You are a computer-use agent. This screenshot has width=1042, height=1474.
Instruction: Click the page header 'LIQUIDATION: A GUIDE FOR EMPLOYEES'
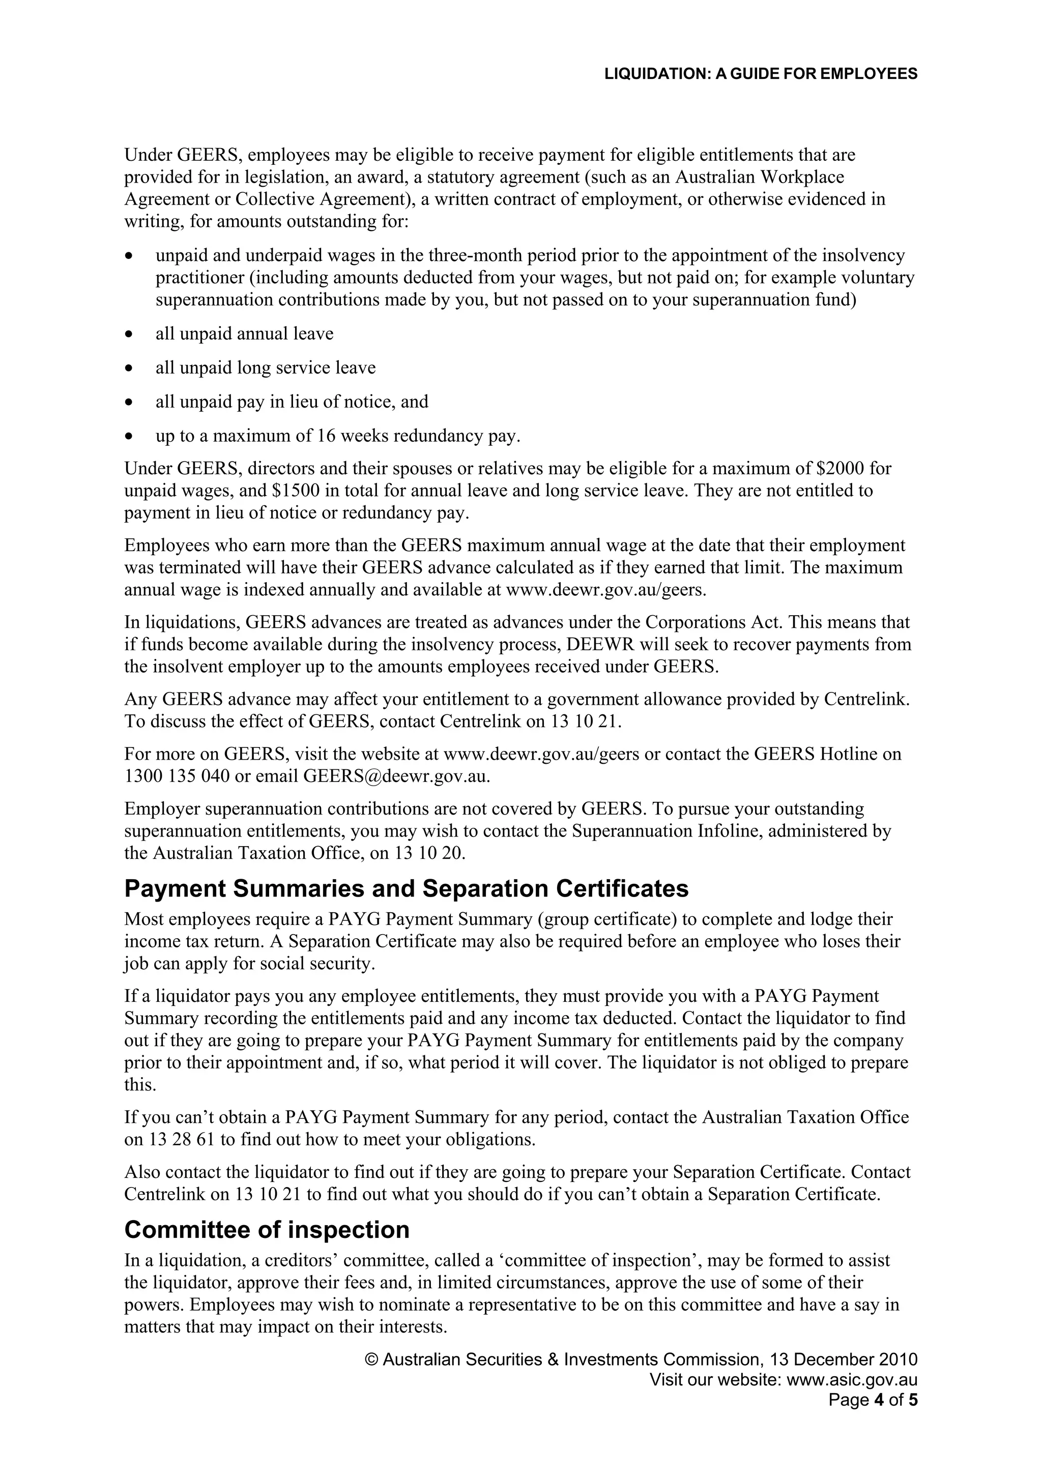pyautogui.click(x=760, y=74)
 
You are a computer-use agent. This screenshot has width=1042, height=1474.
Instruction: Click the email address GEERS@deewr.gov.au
pyautogui.click(x=396, y=775)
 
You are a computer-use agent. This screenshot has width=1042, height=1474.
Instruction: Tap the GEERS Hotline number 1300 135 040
pyautogui.click(x=177, y=775)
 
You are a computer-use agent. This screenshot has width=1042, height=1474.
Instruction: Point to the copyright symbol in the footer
pyautogui.click(x=371, y=1360)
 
